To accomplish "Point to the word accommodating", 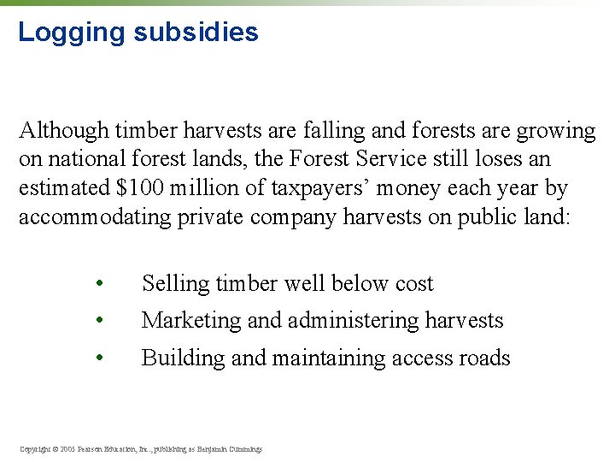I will point(96,217).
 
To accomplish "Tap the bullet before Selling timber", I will point(100,284).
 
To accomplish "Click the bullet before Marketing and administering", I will point(100,321).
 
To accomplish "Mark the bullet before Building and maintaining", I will point(100,358).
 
